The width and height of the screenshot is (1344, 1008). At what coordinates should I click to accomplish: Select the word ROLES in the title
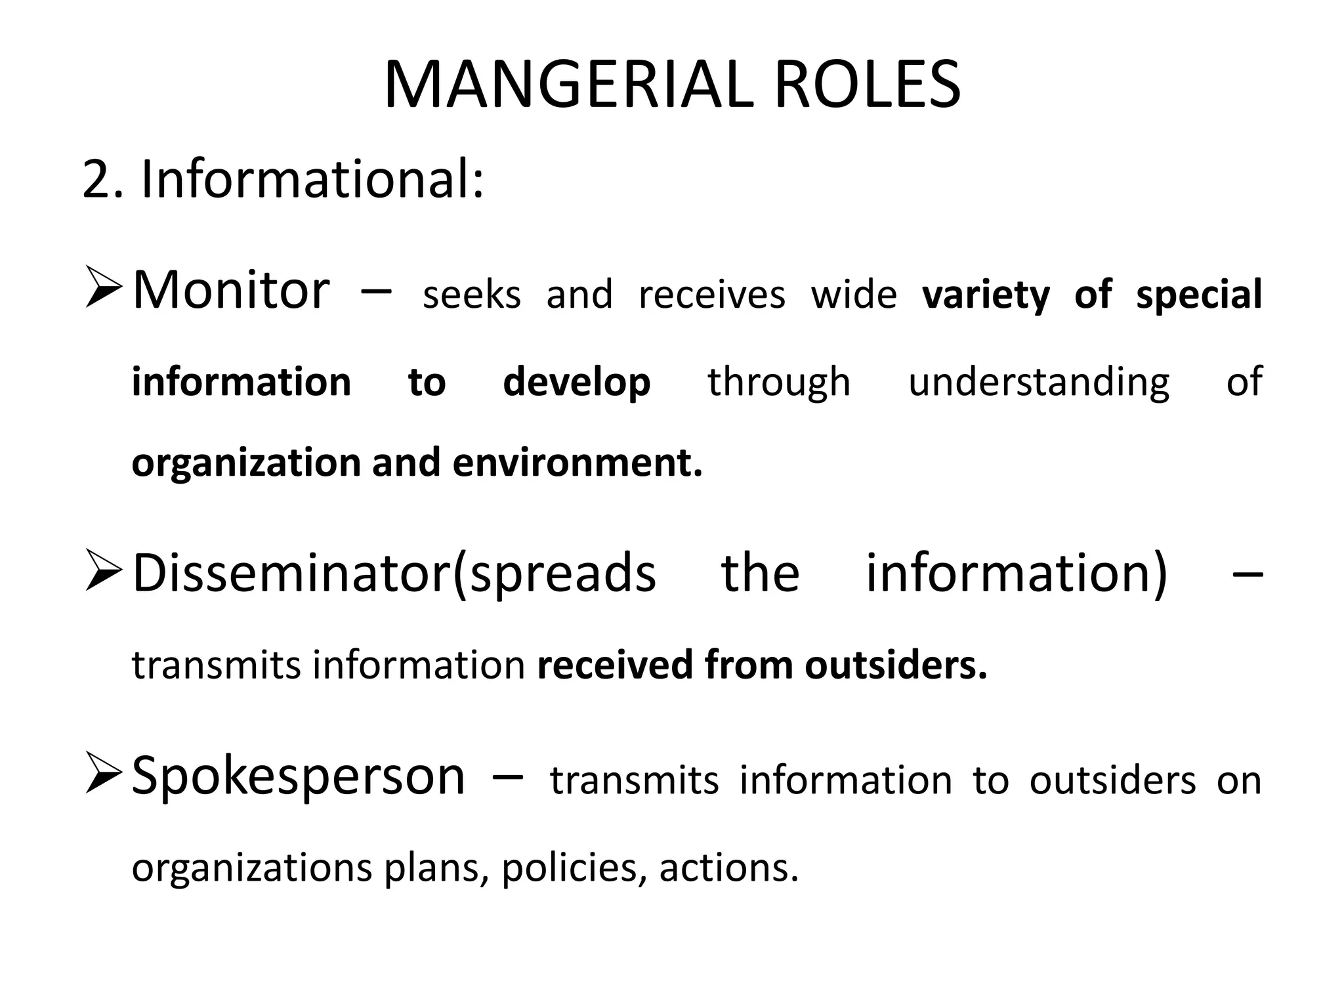coord(868,85)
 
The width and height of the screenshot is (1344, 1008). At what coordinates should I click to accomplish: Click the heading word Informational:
coord(312,178)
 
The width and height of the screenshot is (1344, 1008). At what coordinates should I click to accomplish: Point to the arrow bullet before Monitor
coord(104,291)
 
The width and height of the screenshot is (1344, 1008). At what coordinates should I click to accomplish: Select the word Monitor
coord(231,290)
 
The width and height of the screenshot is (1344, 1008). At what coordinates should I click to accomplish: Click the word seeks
coord(472,295)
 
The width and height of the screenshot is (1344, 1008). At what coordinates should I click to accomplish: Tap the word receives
coord(711,295)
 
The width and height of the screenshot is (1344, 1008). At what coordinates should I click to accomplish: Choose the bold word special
coord(1199,295)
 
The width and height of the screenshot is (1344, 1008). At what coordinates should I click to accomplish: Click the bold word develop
coord(576,383)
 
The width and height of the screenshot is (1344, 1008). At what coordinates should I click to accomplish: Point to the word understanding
coord(1038,383)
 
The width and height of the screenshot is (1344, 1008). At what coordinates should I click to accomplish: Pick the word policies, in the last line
coord(574,868)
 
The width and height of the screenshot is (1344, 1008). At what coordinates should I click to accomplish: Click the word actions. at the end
coord(728,868)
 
